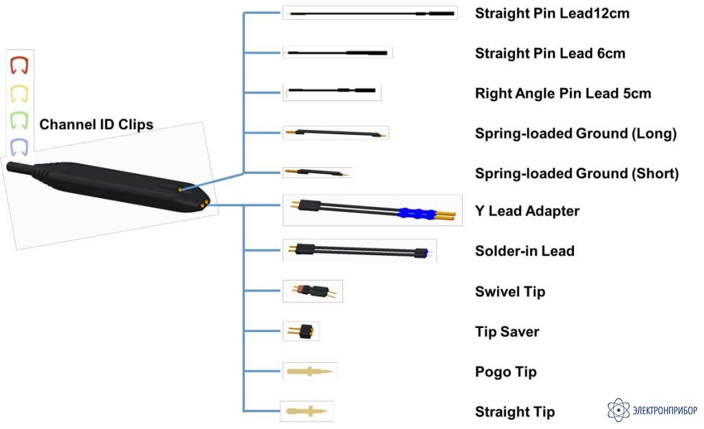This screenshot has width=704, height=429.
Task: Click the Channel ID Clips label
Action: pos(96,124)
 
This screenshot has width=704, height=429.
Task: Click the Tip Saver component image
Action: pos(301,331)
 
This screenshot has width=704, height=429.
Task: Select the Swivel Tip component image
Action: pos(313,291)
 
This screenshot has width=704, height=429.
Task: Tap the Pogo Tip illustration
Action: pos(309,371)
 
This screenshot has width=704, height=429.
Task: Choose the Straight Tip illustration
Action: pos(307,411)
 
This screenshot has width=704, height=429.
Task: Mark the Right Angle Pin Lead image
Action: pos(331,91)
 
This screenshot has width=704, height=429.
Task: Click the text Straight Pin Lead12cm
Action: pos(552,14)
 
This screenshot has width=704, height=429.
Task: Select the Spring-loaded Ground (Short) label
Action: pos(577,173)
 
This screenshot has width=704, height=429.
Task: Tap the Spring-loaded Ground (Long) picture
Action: pos(335,133)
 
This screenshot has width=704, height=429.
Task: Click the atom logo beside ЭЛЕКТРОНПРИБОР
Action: pos(618,409)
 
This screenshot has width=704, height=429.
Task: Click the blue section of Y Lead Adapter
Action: pos(417,214)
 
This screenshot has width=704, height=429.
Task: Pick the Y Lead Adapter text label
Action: pos(527,211)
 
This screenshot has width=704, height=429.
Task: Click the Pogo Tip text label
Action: pos(505,371)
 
